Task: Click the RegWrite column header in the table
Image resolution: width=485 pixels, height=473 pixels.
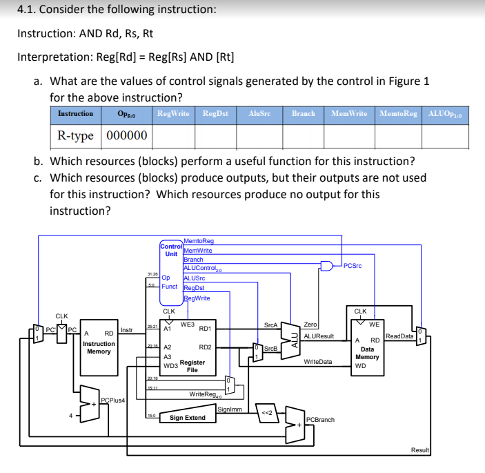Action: click(x=174, y=113)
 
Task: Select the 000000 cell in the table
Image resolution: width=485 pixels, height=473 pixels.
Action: click(x=125, y=135)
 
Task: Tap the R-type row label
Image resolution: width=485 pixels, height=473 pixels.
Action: click(x=75, y=135)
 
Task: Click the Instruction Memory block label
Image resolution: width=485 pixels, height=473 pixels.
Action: click(x=99, y=347)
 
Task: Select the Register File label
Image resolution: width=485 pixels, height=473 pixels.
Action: click(x=192, y=365)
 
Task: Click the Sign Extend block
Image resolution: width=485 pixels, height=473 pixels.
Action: click(x=187, y=417)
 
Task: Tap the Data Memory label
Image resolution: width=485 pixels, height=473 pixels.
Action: click(x=367, y=353)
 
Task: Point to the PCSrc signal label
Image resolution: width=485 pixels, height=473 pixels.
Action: click(x=352, y=264)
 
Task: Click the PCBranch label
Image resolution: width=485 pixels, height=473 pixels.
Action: click(x=320, y=419)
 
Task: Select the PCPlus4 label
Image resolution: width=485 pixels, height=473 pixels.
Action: click(x=112, y=400)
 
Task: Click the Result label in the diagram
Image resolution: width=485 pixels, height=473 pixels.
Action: click(x=419, y=450)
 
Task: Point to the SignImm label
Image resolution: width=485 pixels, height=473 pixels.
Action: click(x=229, y=409)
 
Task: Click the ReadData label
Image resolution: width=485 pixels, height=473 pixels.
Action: click(x=399, y=336)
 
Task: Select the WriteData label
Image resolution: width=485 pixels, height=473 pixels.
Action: click(x=317, y=361)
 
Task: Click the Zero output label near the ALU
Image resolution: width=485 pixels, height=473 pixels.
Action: click(x=310, y=324)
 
